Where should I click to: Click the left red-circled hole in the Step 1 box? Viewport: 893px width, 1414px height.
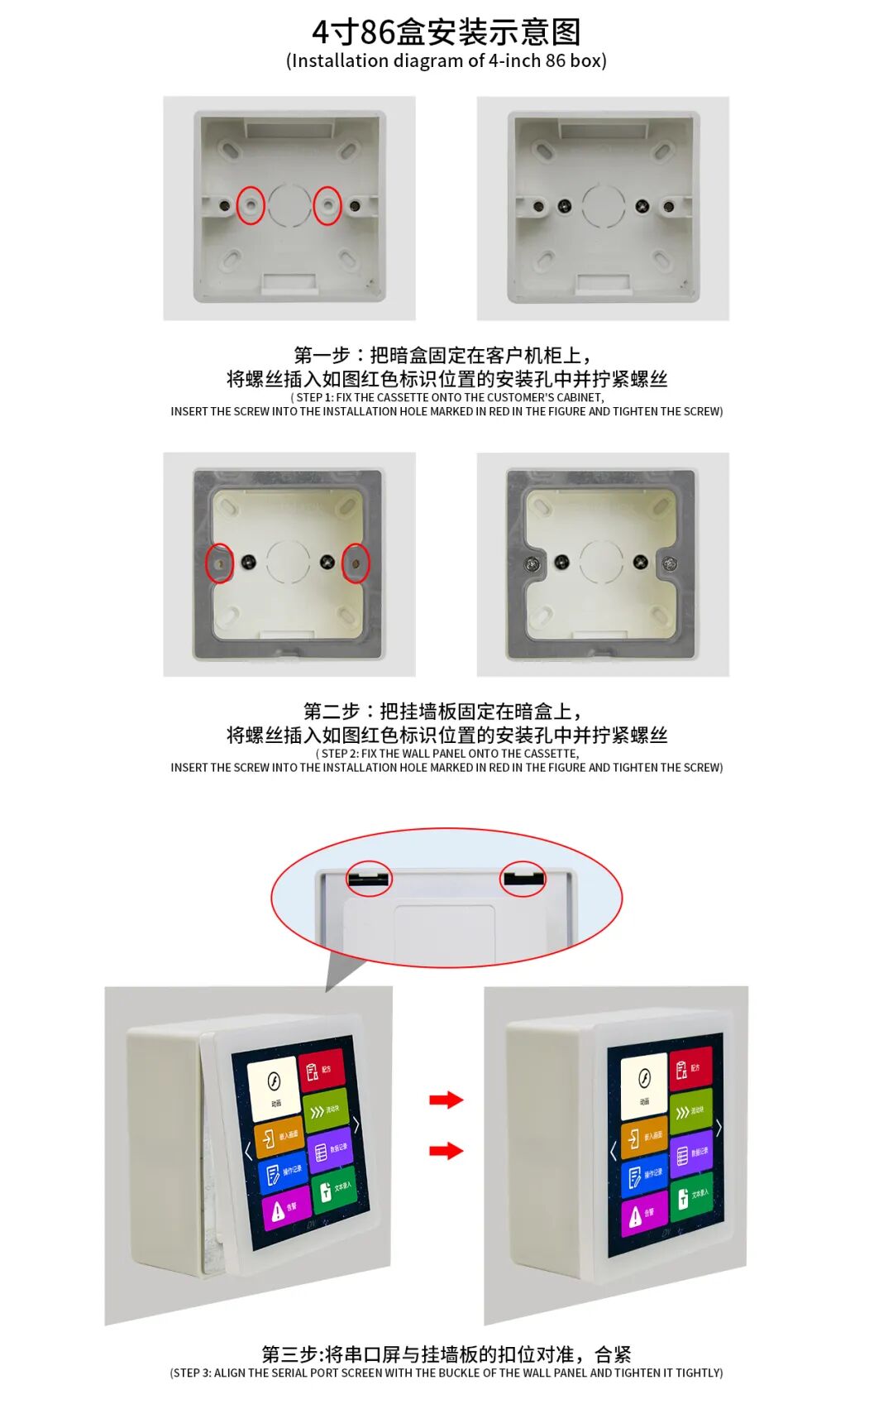(x=251, y=204)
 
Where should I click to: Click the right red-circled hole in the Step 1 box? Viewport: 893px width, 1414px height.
(x=327, y=204)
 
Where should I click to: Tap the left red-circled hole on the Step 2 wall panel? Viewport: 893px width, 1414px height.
(x=219, y=563)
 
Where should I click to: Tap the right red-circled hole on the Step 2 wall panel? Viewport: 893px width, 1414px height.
(x=356, y=563)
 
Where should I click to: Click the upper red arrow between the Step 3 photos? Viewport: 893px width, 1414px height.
(x=446, y=1100)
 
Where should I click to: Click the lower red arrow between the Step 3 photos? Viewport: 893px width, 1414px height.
(x=446, y=1150)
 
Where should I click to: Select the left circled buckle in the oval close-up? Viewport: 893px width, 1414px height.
(x=369, y=878)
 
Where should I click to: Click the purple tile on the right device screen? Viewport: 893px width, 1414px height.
(x=691, y=1153)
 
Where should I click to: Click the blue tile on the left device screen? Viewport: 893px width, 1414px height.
(x=283, y=1174)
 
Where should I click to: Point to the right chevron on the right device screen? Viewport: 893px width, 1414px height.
(x=719, y=1127)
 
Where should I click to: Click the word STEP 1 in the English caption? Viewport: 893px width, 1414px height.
(x=314, y=398)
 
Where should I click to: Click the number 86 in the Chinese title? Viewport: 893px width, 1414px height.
(x=377, y=32)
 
